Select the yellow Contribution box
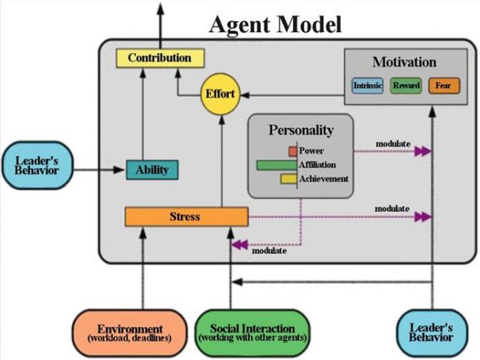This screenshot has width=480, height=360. (x=159, y=58)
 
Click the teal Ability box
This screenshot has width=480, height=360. (x=152, y=170)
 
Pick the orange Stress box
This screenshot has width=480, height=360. (x=186, y=216)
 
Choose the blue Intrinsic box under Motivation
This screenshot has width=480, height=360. (x=368, y=86)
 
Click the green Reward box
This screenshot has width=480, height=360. (x=406, y=86)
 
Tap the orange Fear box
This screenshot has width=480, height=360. (x=444, y=86)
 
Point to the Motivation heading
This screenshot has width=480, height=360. (x=404, y=62)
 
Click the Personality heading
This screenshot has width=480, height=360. (x=300, y=129)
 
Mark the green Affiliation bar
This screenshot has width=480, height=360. (x=276, y=165)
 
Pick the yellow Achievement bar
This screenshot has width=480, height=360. (x=288, y=179)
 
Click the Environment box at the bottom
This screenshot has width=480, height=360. (x=129, y=332)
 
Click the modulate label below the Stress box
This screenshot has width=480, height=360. (x=270, y=251)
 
